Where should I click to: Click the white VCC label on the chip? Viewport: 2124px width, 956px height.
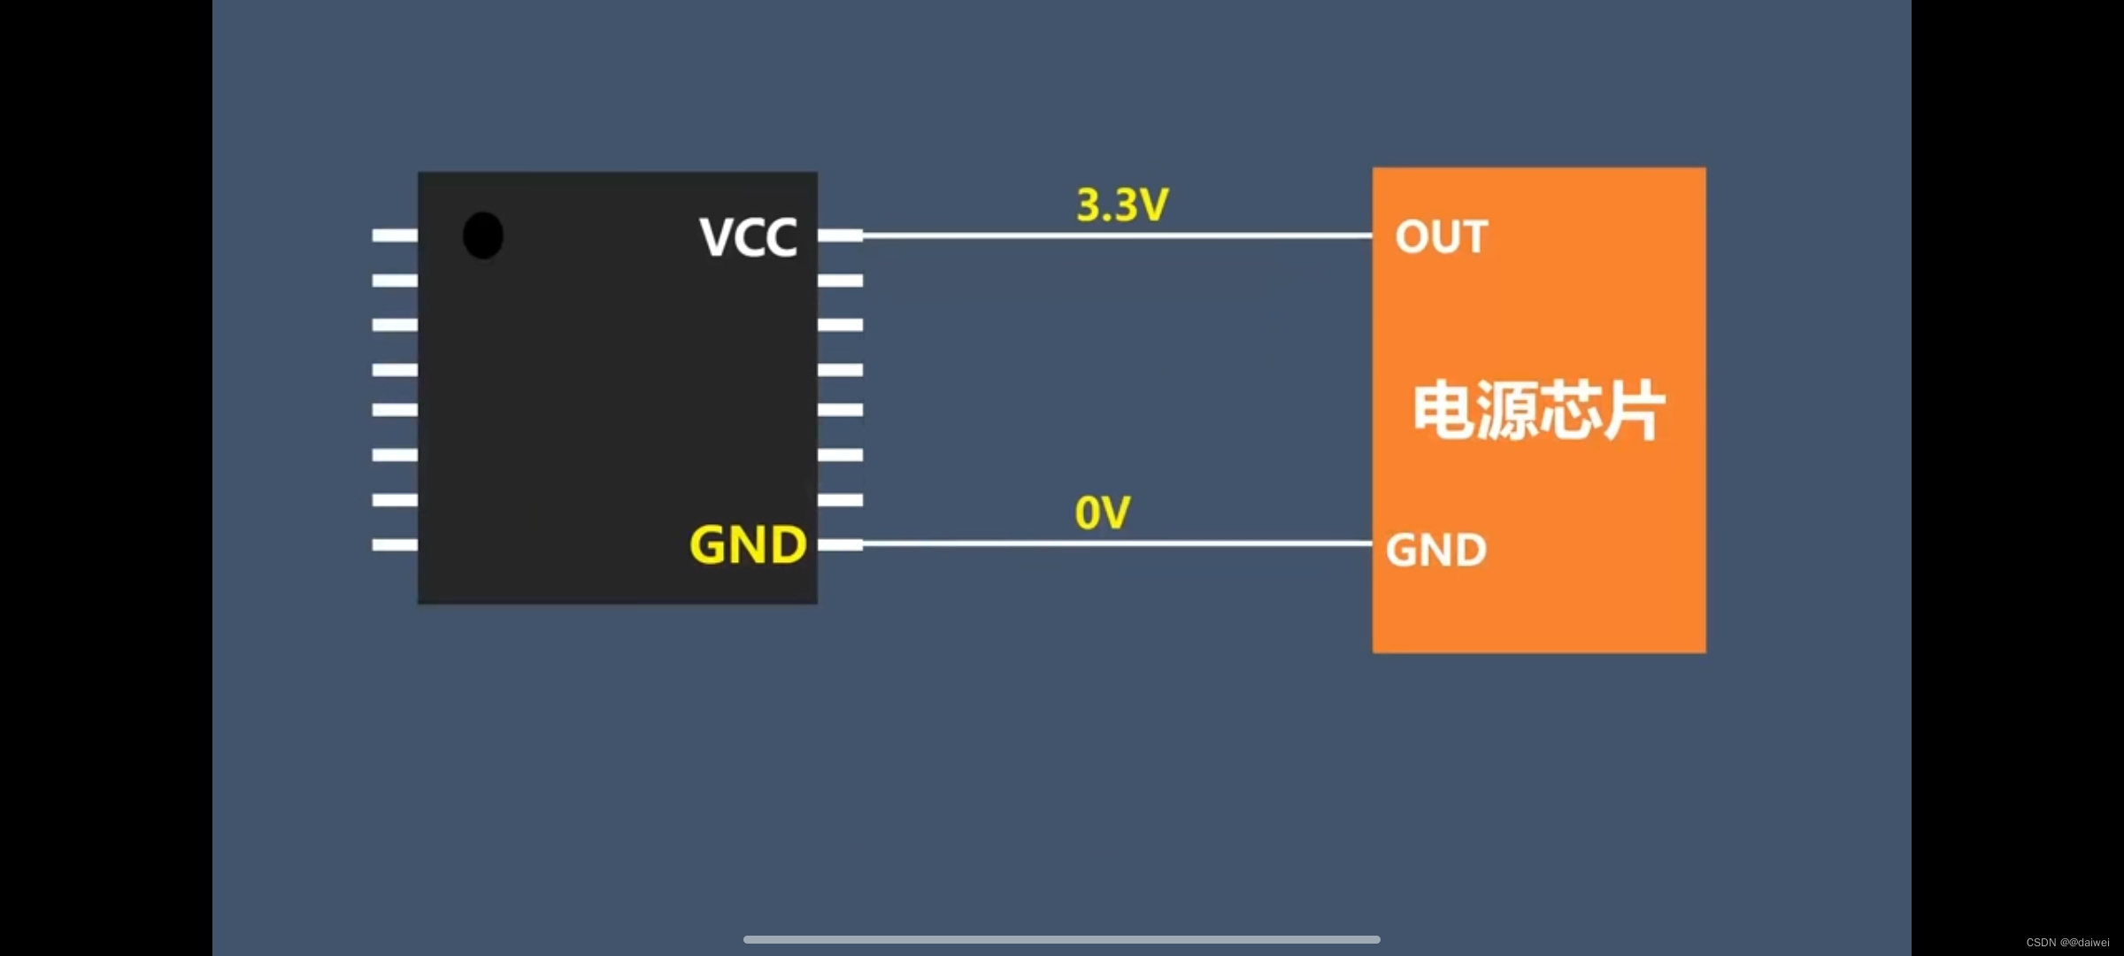click(x=748, y=237)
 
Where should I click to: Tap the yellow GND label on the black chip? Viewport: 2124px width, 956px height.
click(x=748, y=544)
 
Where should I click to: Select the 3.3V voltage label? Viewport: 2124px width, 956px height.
click(x=1122, y=205)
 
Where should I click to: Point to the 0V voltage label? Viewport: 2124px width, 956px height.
click(x=1103, y=513)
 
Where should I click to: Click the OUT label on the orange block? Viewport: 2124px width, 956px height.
click(x=1442, y=237)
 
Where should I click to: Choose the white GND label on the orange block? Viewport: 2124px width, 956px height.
click(x=1436, y=551)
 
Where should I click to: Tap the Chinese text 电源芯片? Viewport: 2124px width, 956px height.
click(x=1539, y=411)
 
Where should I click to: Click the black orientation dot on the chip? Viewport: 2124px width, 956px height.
click(x=483, y=235)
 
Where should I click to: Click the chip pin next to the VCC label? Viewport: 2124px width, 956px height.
click(x=840, y=235)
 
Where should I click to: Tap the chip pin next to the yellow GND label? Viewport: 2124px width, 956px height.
click(x=840, y=544)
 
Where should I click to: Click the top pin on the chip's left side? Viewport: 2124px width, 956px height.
click(x=395, y=235)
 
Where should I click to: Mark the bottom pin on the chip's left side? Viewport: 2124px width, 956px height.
click(x=395, y=544)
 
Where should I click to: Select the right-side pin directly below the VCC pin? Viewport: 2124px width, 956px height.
click(x=840, y=281)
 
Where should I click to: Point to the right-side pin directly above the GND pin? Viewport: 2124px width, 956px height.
click(x=840, y=500)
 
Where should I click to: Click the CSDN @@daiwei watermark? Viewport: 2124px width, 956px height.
click(x=2067, y=943)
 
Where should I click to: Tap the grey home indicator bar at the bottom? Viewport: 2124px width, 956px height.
click(x=1062, y=939)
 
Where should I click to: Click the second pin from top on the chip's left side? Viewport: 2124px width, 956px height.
click(x=395, y=281)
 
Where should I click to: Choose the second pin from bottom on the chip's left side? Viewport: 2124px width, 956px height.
click(x=395, y=500)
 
